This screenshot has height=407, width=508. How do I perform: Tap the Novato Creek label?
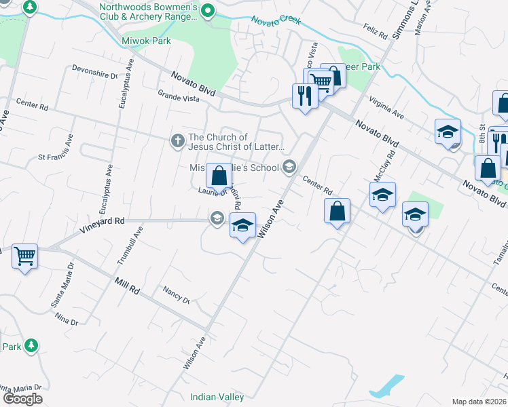coord(276,20)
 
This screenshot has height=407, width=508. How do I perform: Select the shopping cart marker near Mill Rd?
coord(25,256)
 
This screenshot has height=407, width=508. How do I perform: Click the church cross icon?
coord(177,141)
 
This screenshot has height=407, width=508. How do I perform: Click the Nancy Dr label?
coord(176,294)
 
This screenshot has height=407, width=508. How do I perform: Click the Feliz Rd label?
coord(374,31)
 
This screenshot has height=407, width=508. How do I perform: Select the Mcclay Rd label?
coord(376,166)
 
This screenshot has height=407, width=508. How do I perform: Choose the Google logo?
coord(22,398)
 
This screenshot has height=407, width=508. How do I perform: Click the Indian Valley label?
coord(217,397)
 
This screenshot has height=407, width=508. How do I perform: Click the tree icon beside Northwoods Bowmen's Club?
coord(209,11)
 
